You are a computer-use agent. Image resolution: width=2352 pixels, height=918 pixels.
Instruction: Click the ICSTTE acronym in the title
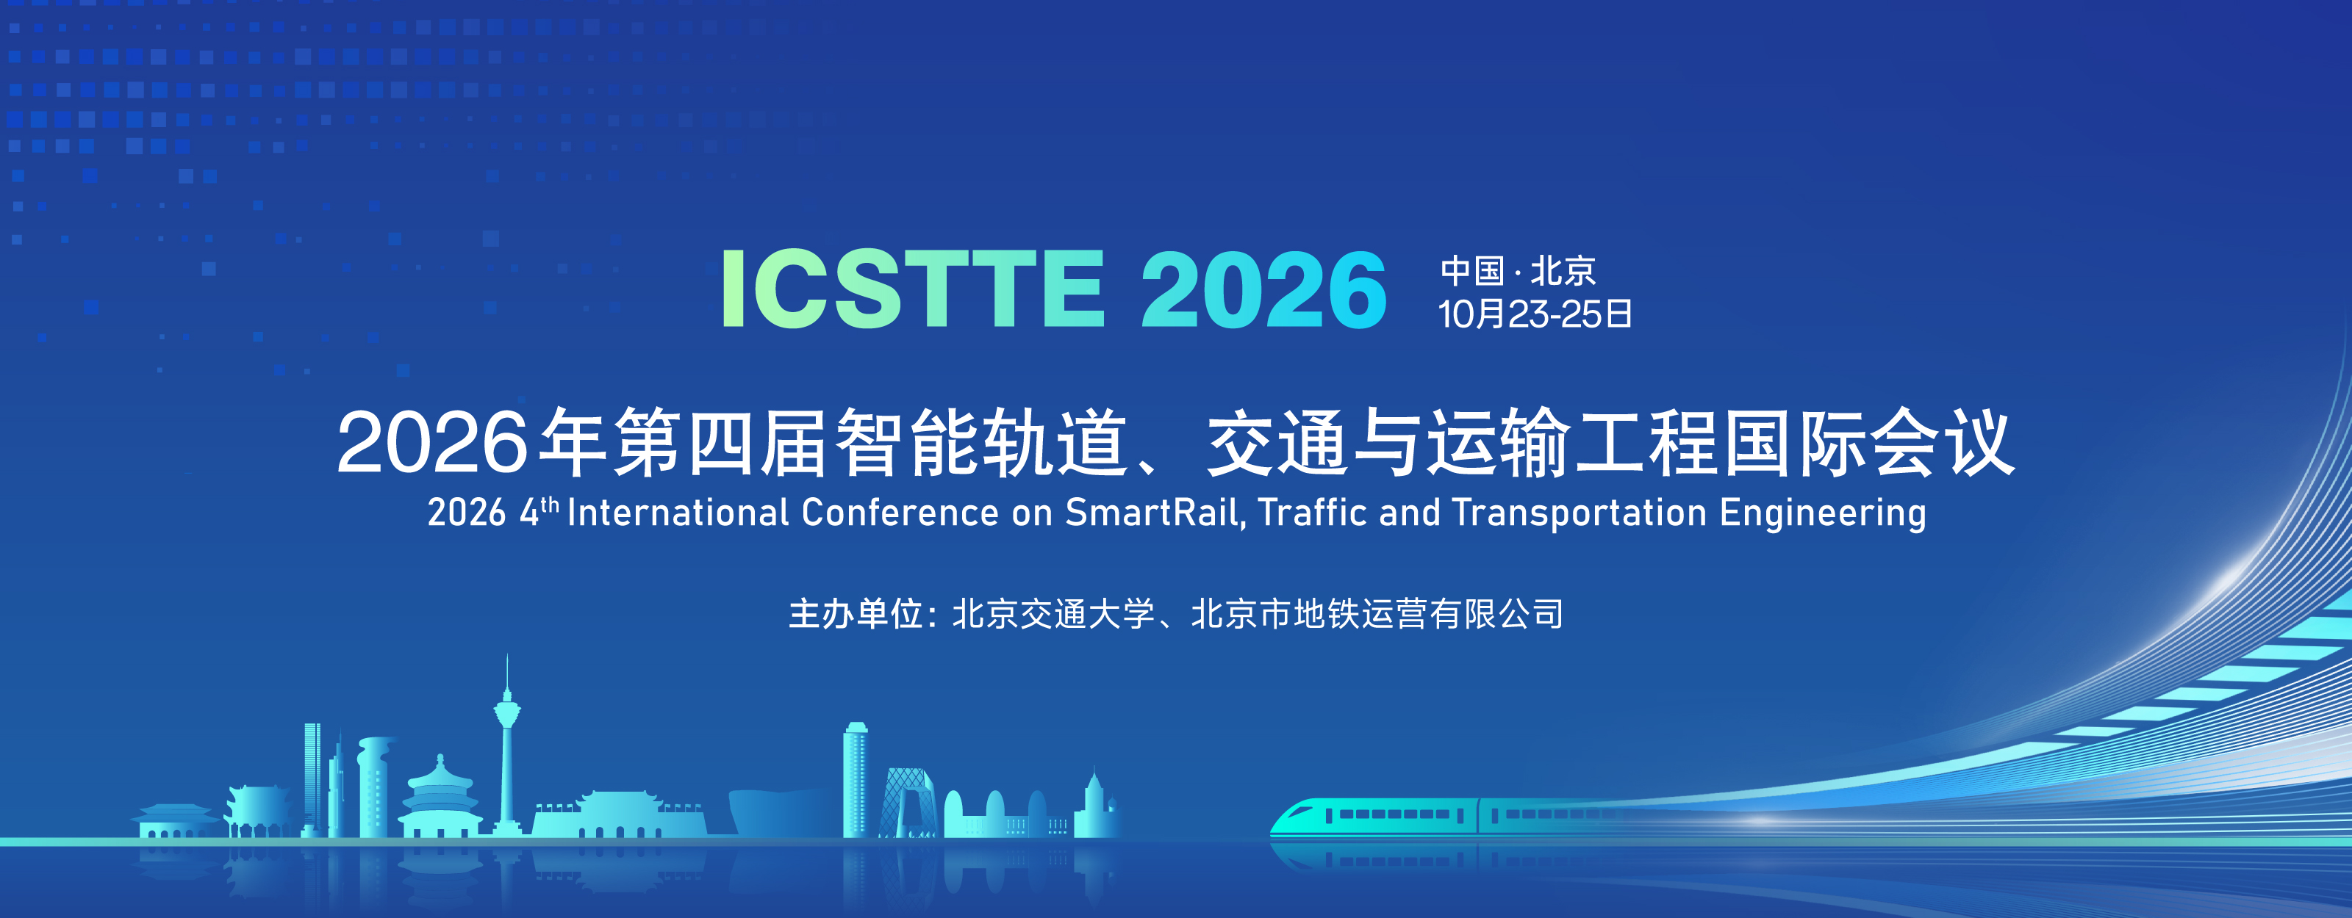click(x=912, y=289)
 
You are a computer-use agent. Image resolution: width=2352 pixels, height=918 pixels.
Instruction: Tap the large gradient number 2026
click(x=1263, y=289)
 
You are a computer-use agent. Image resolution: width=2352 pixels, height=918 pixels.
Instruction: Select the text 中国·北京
click(x=1518, y=271)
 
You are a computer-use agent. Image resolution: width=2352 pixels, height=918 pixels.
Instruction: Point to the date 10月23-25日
click(x=1535, y=314)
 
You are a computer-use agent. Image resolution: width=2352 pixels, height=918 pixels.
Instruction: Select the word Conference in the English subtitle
click(x=900, y=513)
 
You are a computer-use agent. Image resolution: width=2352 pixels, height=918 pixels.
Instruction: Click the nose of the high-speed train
click(x=1280, y=823)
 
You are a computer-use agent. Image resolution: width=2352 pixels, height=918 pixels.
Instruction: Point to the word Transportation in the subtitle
click(x=1580, y=513)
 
